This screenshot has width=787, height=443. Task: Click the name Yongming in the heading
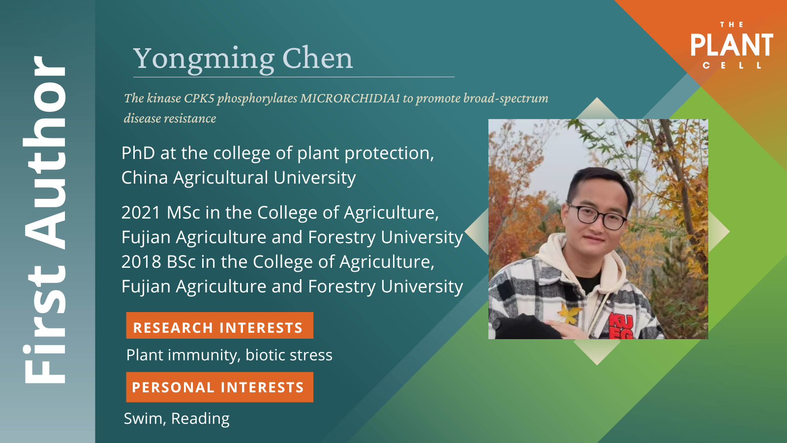(204, 60)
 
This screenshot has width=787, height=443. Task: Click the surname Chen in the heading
(317, 58)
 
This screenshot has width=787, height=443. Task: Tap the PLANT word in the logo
(732, 45)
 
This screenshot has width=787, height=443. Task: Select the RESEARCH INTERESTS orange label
(219, 325)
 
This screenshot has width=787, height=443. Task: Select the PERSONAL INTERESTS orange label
(219, 387)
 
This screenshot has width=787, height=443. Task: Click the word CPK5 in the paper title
(199, 98)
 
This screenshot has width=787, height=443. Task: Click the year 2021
(141, 213)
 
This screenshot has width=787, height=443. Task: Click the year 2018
(141, 262)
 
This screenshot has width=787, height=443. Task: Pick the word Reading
(200, 419)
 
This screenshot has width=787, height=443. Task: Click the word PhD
(138, 153)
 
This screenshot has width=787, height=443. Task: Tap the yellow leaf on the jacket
(569, 313)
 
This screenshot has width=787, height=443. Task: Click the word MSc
(183, 213)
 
